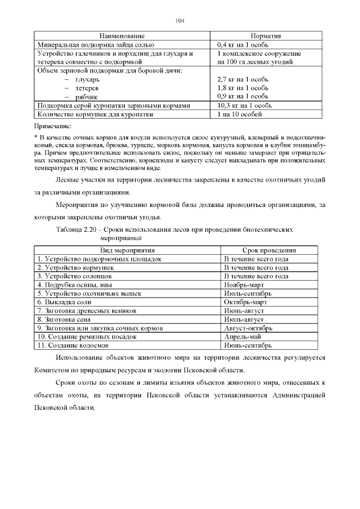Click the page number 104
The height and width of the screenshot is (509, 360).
(180, 21)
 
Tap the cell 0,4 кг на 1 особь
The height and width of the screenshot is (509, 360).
(245, 44)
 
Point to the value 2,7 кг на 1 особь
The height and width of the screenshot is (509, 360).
(245, 80)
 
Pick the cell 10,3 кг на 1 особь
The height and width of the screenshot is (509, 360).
(246, 105)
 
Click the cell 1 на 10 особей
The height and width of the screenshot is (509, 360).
(239, 114)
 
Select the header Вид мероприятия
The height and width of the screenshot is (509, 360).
(128, 250)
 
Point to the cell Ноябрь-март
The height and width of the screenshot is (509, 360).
(242, 285)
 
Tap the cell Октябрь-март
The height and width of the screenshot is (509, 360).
(244, 302)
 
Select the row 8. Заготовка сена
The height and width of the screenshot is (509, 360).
(65, 319)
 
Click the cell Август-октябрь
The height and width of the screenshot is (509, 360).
(248, 328)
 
